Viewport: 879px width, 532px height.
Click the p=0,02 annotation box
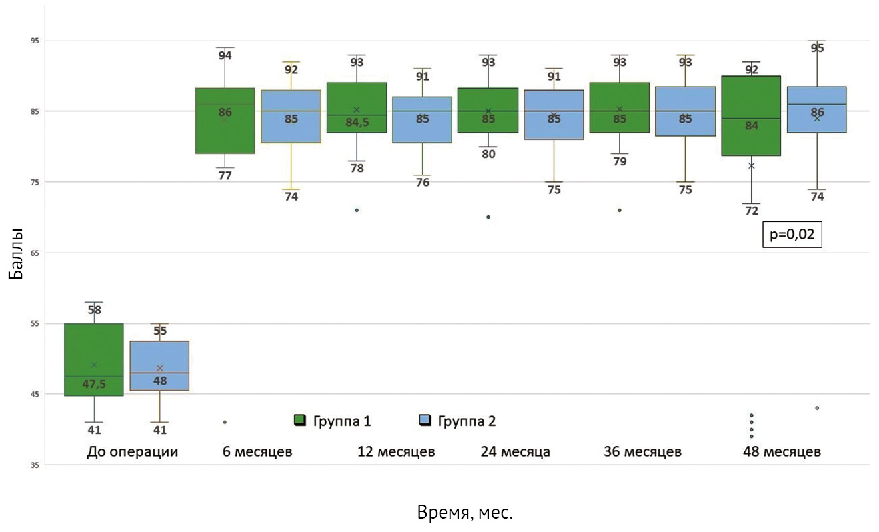792,235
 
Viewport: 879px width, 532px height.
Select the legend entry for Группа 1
333,421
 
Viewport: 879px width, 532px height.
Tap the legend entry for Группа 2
457,421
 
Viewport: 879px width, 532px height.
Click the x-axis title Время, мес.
464,512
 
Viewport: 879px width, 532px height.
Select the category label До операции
133,451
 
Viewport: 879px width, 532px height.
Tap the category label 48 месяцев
782,451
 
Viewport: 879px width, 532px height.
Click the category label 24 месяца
516,451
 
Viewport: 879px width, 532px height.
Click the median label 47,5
94,384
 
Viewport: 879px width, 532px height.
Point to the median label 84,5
357,123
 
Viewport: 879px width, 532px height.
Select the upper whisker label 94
225,55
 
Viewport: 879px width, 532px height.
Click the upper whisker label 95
817,48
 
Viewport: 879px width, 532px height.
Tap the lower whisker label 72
752,211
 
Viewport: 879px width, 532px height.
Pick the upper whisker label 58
94,310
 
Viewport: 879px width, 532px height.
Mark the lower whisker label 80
488,154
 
